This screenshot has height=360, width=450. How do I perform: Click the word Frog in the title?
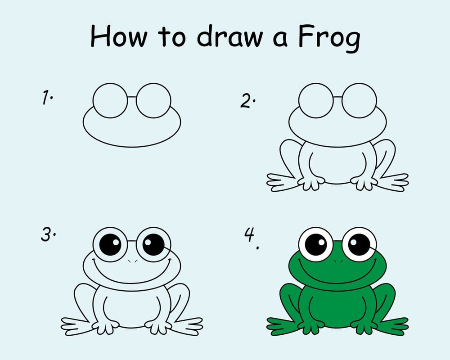[329, 38]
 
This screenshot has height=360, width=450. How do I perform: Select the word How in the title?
[119, 36]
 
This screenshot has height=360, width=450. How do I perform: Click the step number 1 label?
[47, 97]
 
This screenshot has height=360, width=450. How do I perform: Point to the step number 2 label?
[247, 101]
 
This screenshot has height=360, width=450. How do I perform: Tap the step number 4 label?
[252, 238]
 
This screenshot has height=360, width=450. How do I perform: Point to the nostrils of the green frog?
[338, 261]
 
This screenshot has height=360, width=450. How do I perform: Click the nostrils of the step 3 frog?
[132, 261]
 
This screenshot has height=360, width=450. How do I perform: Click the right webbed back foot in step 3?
[187, 326]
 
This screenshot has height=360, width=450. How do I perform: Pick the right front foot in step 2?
[364, 183]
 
